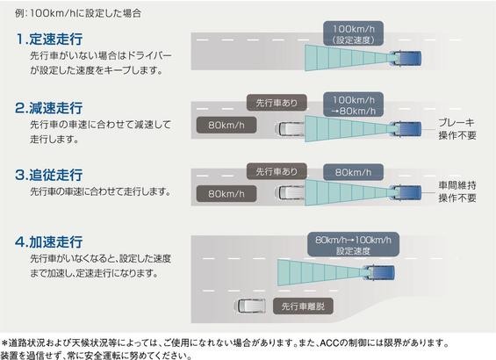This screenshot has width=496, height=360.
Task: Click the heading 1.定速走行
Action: (x=49, y=39)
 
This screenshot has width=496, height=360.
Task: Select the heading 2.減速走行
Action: (x=49, y=108)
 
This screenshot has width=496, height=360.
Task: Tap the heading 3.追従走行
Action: (x=49, y=175)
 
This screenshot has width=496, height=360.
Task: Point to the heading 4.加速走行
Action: (x=49, y=241)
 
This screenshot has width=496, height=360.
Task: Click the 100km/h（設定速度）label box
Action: (x=353, y=34)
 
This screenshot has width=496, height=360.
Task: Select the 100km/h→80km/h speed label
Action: (x=353, y=105)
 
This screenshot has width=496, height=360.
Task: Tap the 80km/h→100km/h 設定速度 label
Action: (x=353, y=245)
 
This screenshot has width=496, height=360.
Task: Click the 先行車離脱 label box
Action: (x=303, y=306)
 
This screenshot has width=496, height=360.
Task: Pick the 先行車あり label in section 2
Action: (x=277, y=103)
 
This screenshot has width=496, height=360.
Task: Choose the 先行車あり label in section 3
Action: (x=277, y=171)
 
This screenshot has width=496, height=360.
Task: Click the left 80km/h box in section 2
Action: (x=226, y=126)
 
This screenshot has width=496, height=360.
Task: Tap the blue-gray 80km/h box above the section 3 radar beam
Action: (x=353, y=172)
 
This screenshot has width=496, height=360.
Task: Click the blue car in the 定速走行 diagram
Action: (x=406, y=59)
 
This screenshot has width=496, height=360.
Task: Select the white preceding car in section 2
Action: (x=290, y=129)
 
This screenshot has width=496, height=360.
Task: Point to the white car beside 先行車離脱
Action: (x=251, y=306)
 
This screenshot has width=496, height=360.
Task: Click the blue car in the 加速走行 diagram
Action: (x=379, y=273)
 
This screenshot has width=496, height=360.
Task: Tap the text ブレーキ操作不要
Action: (x=457, y=129)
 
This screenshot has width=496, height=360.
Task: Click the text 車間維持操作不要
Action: (x=457, y=191)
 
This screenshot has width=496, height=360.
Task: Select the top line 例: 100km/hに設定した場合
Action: (x=78, y=13)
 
